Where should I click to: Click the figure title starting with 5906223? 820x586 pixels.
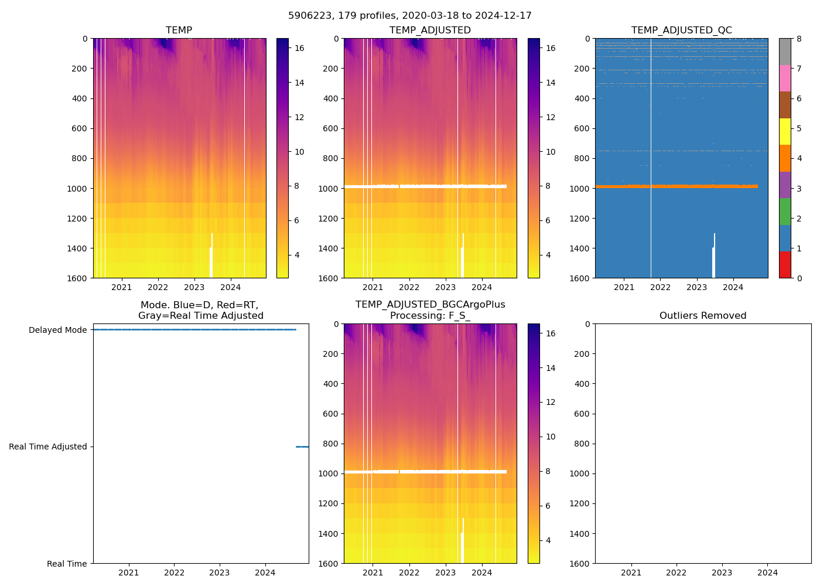(x=409, y=16)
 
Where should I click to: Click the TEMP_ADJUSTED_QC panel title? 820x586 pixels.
(x=681, y=30)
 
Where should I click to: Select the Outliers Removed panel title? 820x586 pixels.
(x=702, y=316)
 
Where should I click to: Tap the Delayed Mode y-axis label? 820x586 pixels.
(x=57, y=330)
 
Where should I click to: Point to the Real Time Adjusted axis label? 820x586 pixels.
(x=47, y=447)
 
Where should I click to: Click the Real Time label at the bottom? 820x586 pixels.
(x=67, y=564)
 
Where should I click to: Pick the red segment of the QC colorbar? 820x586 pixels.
(x=785, y=265)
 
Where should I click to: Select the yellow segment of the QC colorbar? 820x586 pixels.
(x=785, y=132)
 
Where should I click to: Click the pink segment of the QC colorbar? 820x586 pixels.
(x=785, y=79)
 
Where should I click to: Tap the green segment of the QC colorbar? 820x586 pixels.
(x=785, y=212)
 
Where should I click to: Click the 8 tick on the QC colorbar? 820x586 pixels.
(x=798, y=39)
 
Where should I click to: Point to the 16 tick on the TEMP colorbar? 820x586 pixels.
(x=299, y=49)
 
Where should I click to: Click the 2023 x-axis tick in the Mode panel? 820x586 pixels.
(x=220, y=573)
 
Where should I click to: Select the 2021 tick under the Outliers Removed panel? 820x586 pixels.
(x=631, y=573)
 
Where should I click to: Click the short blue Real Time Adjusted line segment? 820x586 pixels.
(x=302, y=447)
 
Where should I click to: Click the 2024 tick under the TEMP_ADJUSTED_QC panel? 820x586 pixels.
(x=733, y=287)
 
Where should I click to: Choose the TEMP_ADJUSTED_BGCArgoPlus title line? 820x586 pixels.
(x=430, y=305)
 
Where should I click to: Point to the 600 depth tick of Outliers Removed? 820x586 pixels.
(x=580, y=414)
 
